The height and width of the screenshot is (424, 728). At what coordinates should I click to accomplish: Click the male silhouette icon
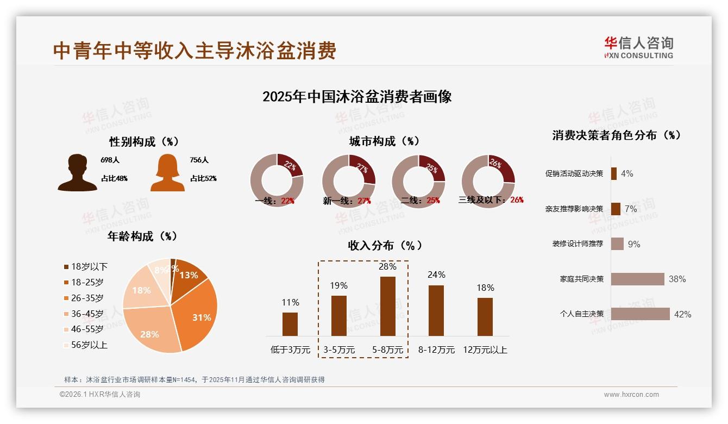pos(77,172)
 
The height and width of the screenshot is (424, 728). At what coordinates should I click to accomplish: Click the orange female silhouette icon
pos(167,172)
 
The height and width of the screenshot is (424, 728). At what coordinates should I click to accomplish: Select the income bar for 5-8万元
pos(387,306)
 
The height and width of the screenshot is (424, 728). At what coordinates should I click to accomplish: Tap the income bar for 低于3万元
pos(290,324)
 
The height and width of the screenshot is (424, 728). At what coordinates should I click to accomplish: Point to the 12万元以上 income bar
pos(485,316)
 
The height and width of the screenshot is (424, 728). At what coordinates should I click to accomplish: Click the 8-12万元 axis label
pos(436,350)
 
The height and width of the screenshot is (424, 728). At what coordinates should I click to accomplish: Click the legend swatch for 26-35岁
pos(66,298)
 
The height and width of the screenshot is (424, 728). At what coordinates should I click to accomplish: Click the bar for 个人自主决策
pos(641,314)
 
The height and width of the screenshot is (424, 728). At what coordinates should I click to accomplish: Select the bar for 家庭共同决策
pos(638,279)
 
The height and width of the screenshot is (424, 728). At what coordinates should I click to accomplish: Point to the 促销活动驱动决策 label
pos(574,174)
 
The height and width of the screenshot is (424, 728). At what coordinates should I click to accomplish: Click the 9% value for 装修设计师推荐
pos(634,245)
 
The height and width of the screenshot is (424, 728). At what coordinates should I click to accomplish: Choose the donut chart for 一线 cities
pos(277,180)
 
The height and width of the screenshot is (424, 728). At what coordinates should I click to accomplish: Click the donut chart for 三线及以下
pos(488,180)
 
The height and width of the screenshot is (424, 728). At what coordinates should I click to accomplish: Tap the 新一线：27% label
pos(347,201)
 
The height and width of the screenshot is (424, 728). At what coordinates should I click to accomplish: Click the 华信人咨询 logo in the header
pos(639,48)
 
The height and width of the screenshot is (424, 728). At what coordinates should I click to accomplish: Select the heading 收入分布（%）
pos(385,245)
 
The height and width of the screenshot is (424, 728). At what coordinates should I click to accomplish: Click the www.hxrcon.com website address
pos(631,395)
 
